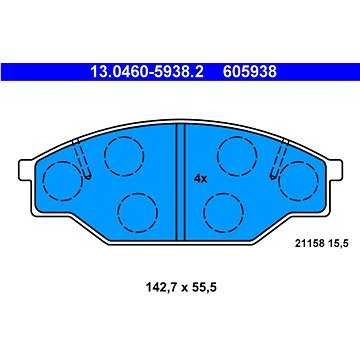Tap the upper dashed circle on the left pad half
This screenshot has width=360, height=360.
point(124,154)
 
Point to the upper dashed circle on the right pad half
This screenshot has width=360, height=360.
point(237,154)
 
